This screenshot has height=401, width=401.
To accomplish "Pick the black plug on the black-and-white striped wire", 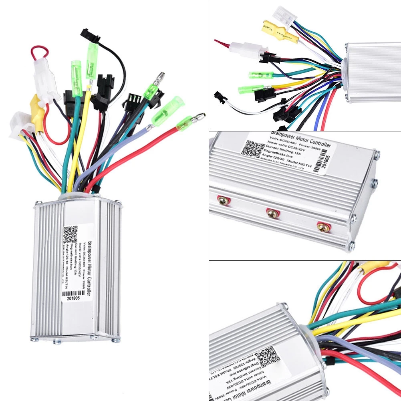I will (x=220, y=97).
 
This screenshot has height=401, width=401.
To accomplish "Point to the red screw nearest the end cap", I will (x=322, y=227).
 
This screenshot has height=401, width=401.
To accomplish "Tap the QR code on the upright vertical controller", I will (x=70, y=234).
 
